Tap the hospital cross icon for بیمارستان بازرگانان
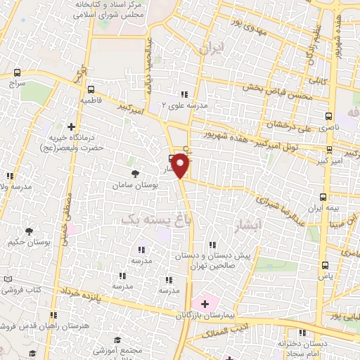(x=205, y=304)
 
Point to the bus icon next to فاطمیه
(x=91, y=89)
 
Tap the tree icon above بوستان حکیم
(x=29, y=231)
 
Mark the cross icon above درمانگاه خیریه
(x=71, y=127)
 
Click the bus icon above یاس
(x=325, y=265)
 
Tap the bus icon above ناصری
(x=329, y=117)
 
